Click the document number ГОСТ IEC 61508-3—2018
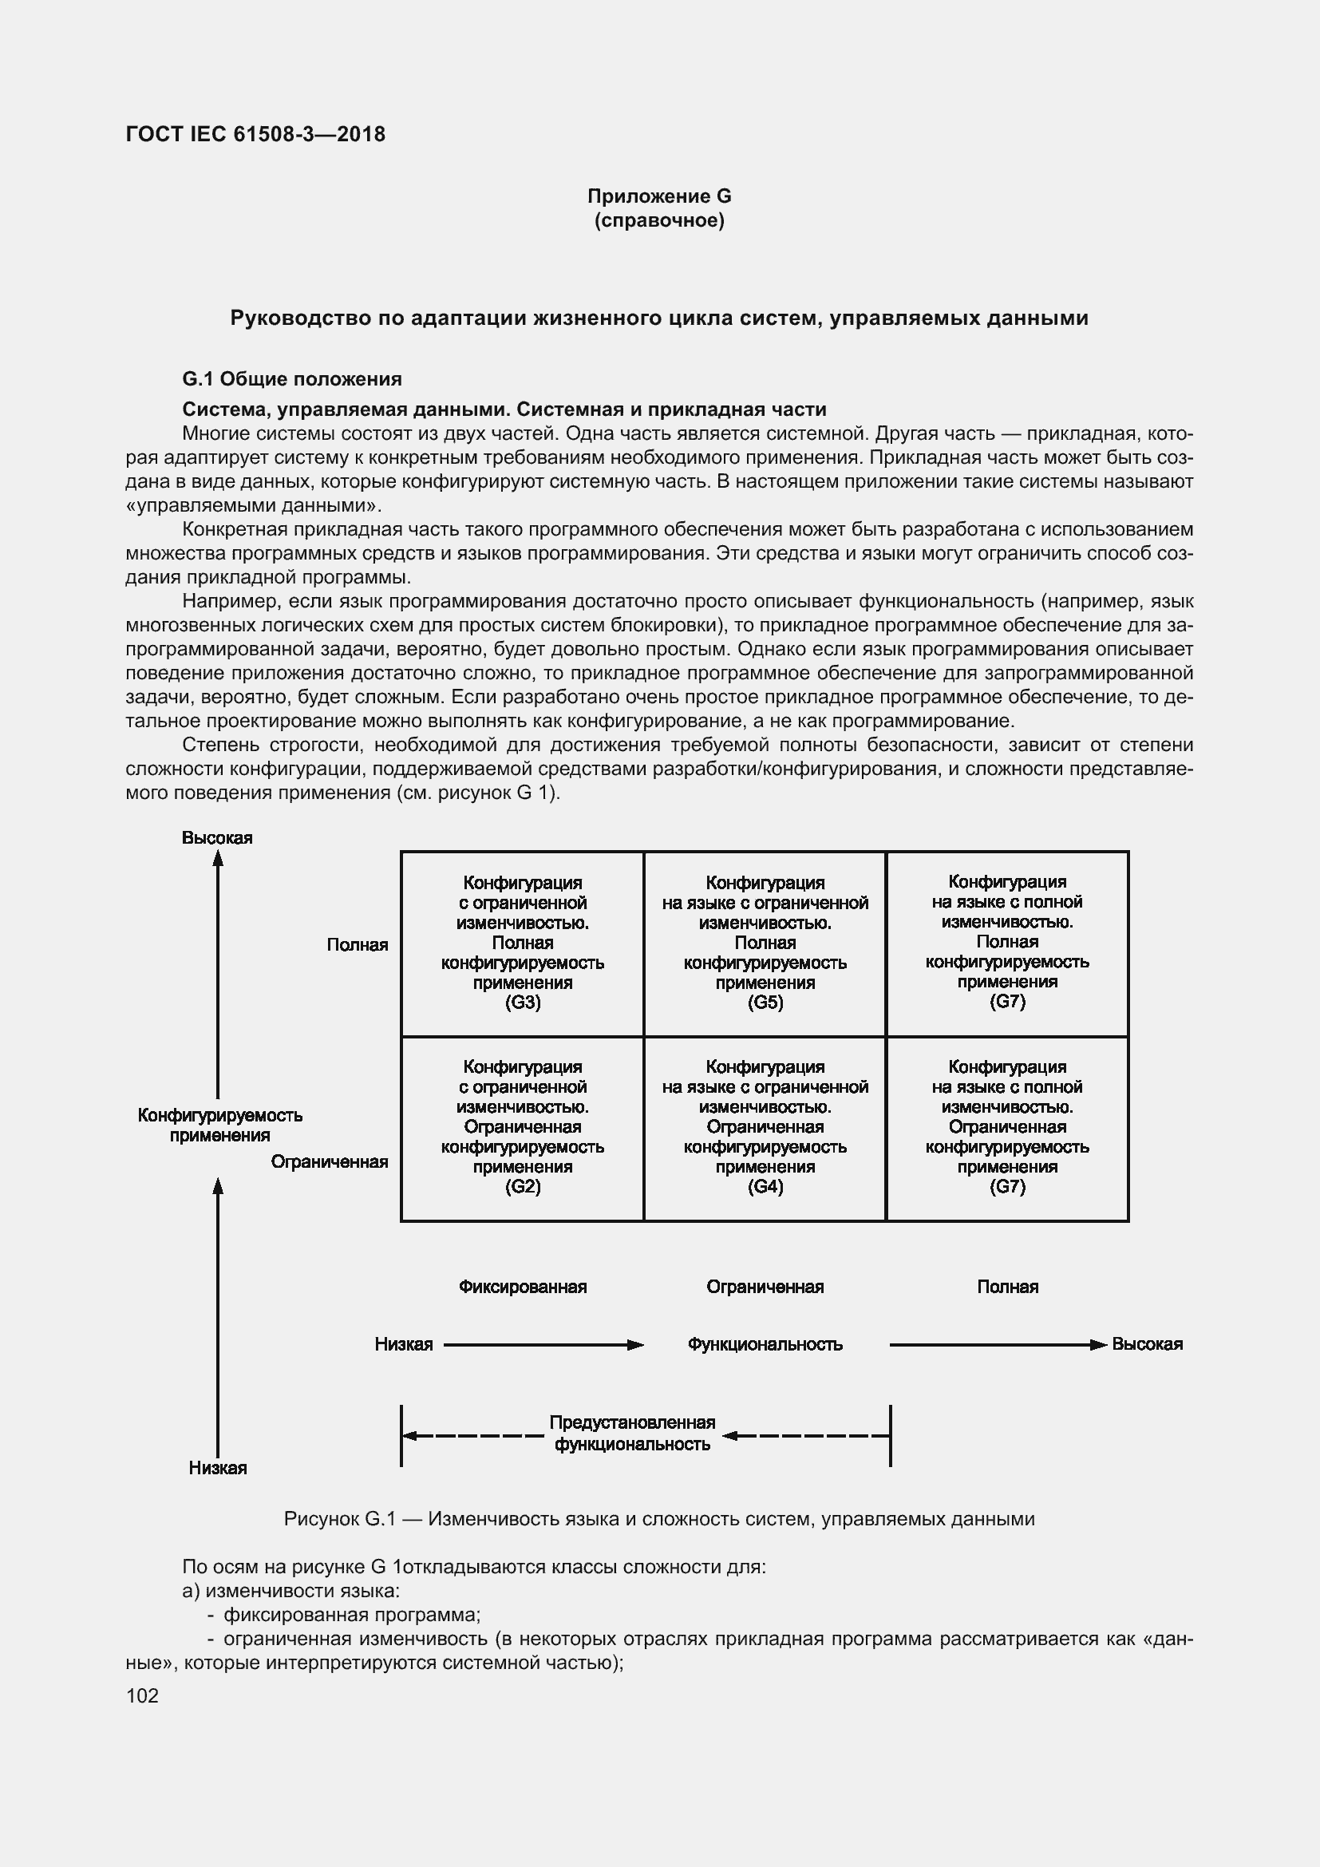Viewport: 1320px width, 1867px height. (x=255, y=134)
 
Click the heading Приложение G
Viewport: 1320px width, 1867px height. (x=659, y=196)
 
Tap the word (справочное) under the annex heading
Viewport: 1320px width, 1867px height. (x=659, y=220)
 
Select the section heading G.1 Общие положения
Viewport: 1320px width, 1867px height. (x=292, y=379)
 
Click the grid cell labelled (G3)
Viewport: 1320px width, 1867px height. (x=523, y=943)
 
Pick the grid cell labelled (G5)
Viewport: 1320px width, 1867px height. (x=765, y=943)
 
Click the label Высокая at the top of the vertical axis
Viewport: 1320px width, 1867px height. (x=217, y=837)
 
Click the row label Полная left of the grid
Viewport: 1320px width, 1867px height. (x=358, y=945)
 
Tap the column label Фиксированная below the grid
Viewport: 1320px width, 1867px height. (x=523, y=1287)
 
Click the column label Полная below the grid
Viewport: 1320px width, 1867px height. (x=1007, y=1287)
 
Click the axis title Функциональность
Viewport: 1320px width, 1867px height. (x=765, y=1344)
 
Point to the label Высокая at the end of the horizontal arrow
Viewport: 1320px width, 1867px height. (x=1147, y=1344)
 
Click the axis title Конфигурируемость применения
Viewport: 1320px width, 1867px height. (x=219, y=1125)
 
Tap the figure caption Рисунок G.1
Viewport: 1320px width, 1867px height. (x=659, y=1519)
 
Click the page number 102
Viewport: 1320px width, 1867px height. (x=142, y=1695)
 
